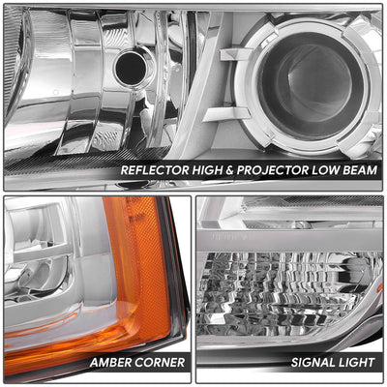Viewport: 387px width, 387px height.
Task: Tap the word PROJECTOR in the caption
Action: pos(273,170)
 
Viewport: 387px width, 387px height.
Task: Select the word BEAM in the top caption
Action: pos(360,170)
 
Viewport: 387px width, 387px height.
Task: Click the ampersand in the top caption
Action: pos(229,170)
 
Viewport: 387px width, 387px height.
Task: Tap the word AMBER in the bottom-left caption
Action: pos(110,362)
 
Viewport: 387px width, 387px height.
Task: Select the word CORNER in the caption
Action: pos(160,362)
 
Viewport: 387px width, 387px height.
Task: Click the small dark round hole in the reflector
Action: pos(131,68)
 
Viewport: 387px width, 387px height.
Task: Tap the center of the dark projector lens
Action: pos(311,86)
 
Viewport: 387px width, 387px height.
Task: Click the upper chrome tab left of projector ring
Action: pos(233,54)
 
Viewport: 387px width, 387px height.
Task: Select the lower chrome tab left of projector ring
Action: pos(225,114)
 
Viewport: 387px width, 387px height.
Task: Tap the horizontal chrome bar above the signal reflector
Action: pos(289,240)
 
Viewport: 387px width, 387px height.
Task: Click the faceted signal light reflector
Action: pos(283,293)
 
